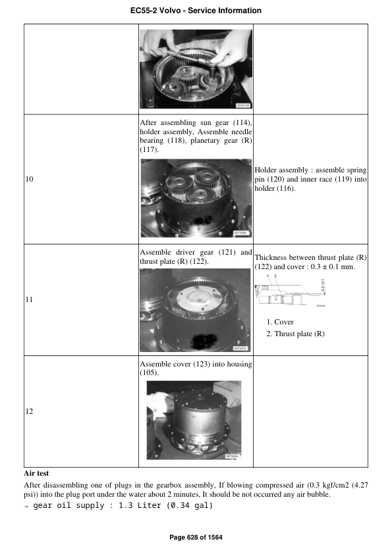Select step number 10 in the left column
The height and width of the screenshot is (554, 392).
[28, 179]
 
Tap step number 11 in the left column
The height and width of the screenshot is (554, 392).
[28, 300]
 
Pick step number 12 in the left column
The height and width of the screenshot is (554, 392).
[28, 412]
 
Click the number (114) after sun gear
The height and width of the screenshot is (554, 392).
[242, 122]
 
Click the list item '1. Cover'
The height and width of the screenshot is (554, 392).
[280, 322]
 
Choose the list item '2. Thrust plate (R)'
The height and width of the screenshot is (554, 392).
[295, 334]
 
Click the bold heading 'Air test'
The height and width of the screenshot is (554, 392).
[37, 472]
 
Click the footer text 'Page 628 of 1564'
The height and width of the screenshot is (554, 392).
[196, 538]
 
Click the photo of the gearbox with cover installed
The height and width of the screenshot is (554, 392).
[194, 420]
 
